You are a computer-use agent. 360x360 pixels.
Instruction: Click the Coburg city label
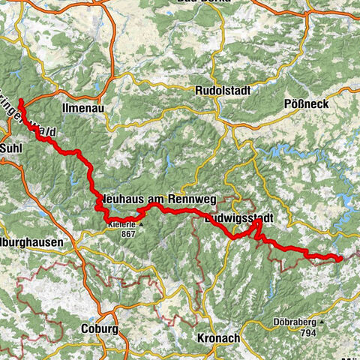(98, 328)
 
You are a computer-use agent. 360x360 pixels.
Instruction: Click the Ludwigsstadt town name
(251, 218)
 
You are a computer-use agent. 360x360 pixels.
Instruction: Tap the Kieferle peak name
(121, 224)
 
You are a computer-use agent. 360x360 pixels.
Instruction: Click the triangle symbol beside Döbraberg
(322, 323)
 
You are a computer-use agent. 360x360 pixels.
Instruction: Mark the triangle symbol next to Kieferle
(140, 224)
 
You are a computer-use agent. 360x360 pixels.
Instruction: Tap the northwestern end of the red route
(20, 100)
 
